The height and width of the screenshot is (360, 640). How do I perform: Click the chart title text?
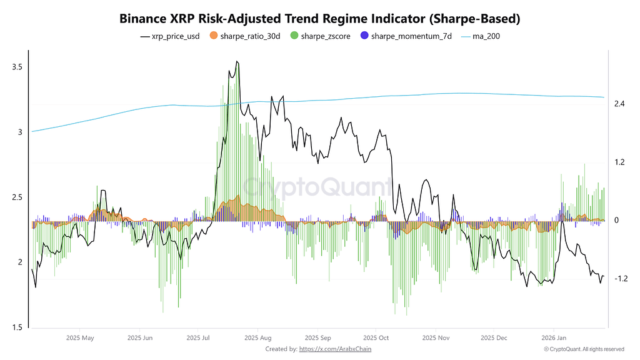(x=319, y=19)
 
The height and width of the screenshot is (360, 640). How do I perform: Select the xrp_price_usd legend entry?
(x=170, y=36)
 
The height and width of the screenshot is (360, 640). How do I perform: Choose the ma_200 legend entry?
(x=481, y=36)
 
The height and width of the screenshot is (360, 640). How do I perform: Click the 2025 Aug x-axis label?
(x=257, y=337)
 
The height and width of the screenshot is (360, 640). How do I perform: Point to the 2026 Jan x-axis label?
(x=552, y=337)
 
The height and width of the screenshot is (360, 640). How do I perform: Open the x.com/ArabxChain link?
(x=335, y=349)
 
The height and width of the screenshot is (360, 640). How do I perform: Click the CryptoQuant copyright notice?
(x=584, y=349)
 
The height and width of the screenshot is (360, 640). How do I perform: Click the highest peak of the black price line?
(x=236, y=61)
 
